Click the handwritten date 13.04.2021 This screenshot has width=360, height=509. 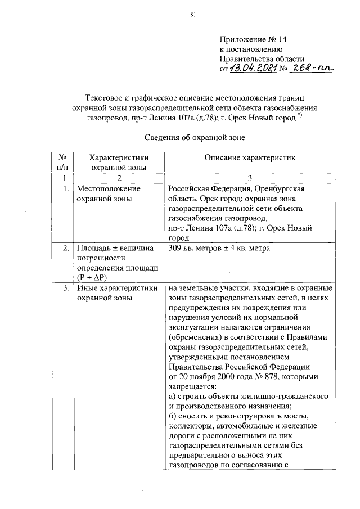coord(253,68)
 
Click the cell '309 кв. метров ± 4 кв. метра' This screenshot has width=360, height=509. coord(219,248)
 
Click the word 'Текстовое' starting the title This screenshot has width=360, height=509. coord(107,97)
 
